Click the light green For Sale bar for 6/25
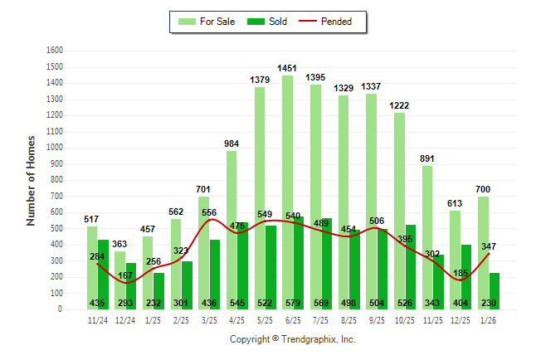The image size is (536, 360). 287,191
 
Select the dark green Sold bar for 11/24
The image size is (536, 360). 103,274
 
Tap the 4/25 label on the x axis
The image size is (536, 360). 237,319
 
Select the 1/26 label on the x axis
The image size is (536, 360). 489,319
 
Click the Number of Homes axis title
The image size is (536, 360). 31,180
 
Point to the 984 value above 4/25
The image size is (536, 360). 231,144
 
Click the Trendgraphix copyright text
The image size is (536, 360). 292,339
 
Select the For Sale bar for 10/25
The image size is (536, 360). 399,211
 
